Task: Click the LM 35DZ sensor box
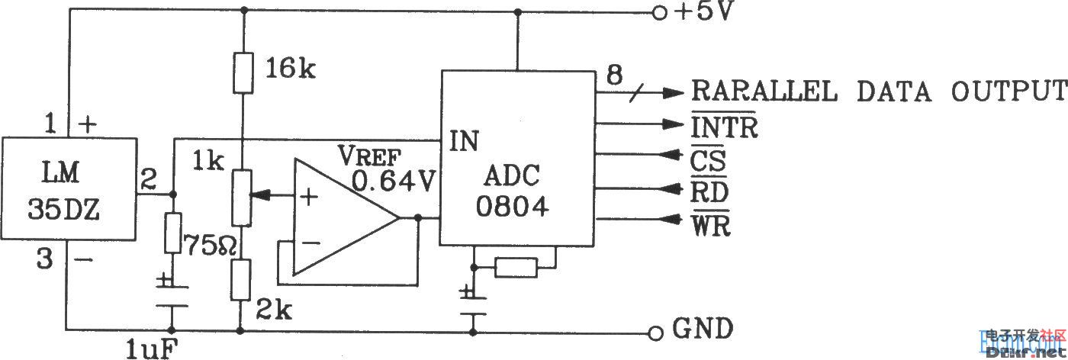[68, 188]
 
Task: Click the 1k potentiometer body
[243, 196]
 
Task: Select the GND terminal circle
[654, 333]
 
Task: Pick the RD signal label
[709, 192]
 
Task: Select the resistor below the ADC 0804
[516, 267]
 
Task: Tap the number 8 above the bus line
[614, 75]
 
